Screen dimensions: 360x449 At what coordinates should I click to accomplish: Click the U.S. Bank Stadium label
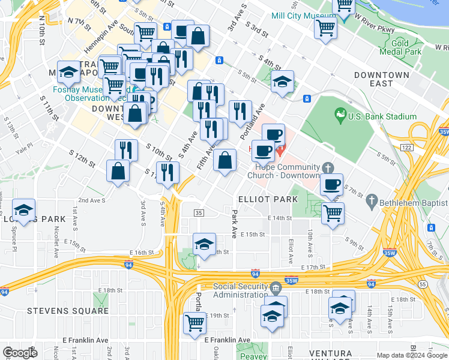(x=382, y=116)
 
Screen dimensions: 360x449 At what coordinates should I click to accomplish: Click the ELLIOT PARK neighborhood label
(x=268, y=199)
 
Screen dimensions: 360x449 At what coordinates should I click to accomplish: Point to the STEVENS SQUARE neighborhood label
(x=68, y=311)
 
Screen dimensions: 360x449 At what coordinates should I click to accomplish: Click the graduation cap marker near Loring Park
(x=24, y=210)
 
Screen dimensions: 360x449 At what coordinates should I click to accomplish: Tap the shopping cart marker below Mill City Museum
(x=325, y=27)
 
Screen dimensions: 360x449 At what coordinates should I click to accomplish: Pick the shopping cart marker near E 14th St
(x=333, y=212)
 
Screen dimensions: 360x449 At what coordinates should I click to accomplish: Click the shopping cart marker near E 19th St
(x=195, y=323)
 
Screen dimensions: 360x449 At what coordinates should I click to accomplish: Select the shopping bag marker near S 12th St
(x=118, y=170)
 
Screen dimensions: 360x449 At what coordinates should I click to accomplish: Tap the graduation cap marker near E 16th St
(x=205, y=244)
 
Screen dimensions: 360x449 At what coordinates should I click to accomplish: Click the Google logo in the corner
(x=20, y=353)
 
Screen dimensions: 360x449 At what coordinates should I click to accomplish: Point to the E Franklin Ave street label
(x=228, y=340)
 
